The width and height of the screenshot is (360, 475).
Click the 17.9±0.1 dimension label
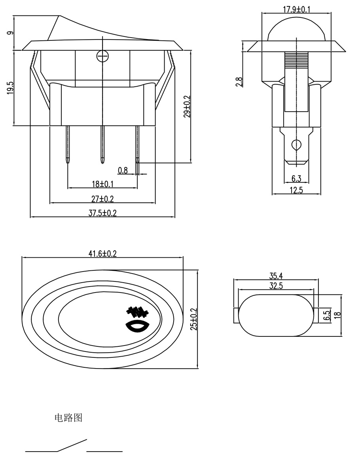(x=296, y=9)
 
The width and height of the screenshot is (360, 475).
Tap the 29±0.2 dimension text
(x=187, y=106)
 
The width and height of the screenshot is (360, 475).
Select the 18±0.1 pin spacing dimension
(x=102, y=184)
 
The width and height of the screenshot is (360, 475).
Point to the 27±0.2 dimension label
(x=102, y=199)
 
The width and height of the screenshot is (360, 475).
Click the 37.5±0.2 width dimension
(x=102, y=213)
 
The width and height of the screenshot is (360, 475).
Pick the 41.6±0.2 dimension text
(x=102, y=254)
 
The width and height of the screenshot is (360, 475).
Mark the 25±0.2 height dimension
(x=193, y=319)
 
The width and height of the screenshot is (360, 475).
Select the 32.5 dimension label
(x=276, y=285)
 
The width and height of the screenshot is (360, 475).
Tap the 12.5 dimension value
(x=296, y=190)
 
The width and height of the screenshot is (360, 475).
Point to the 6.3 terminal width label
(x=296, y=179)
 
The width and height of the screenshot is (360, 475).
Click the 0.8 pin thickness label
(x=123, y=171)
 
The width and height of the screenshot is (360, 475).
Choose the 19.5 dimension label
(x=10, y=87)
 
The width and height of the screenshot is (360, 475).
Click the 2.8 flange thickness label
(x=239, y=82)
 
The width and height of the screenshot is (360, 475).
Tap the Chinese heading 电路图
(x=68, y=418)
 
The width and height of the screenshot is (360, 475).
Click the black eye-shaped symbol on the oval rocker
(x=137, y=327)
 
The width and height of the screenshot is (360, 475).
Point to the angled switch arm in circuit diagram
(x=72, y=445)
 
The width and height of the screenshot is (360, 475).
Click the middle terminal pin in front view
(x=102, y=144)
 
